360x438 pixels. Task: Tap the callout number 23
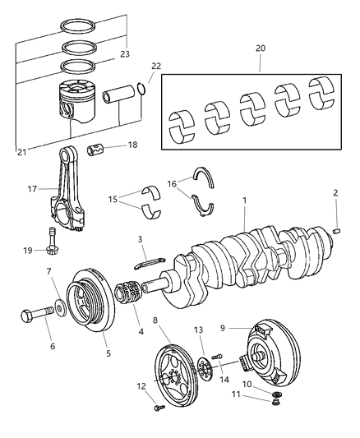(x=125, y=55)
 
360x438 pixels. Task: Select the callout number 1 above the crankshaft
(x=244, y=201)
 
